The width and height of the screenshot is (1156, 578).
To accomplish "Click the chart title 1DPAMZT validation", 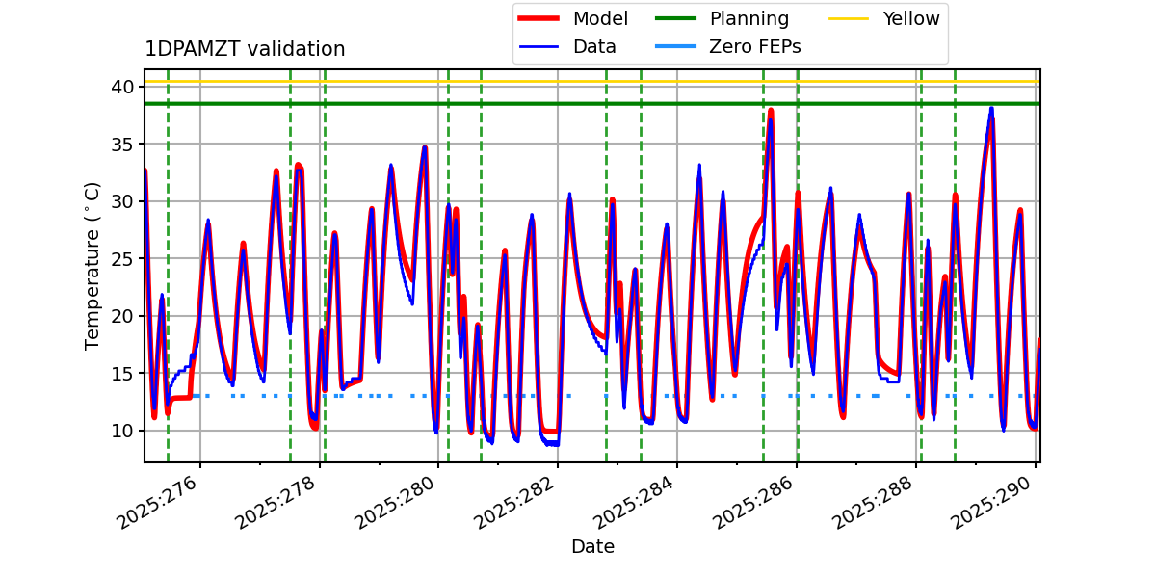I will (245, 49).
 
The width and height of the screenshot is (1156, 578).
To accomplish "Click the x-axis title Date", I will (592, 547).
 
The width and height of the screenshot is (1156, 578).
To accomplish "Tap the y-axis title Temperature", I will (92, 265).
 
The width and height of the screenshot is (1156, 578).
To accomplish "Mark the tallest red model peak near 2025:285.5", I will (771, 110).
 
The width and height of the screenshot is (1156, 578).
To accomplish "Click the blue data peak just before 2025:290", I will (990, 108).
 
